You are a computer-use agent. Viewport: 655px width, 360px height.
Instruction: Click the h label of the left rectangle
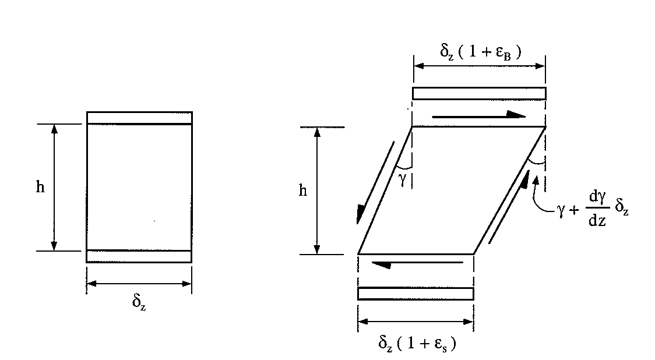(40, 187)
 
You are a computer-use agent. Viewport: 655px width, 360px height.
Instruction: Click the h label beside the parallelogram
(303, 190)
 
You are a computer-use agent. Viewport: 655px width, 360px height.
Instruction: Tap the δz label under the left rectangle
(139, 302)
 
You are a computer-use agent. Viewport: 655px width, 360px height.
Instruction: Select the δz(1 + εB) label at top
(480, 52)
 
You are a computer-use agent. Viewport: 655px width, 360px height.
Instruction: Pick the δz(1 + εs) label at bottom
(417, 343)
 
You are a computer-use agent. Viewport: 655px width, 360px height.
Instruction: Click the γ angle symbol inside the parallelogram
(402, 179)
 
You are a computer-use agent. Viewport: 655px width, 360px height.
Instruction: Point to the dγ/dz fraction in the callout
(597, 209)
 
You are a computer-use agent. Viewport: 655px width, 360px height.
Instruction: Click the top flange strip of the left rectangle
(139, 118)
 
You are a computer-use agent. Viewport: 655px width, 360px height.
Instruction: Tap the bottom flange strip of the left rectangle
(139, 256)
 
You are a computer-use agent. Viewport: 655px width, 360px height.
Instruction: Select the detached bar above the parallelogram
(479, 94)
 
